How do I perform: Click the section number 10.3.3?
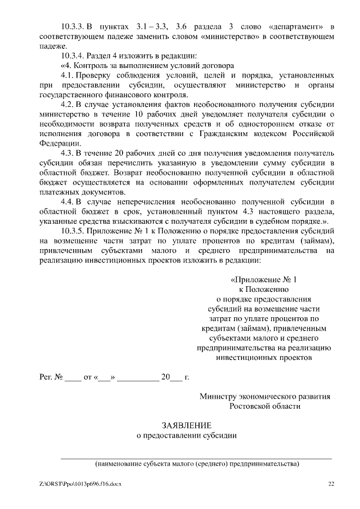pos(72,27)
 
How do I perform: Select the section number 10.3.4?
pos(72,55)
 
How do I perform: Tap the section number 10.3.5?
pos(72,231)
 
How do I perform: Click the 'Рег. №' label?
pos(49,377)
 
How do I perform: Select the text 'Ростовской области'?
pos(264,406)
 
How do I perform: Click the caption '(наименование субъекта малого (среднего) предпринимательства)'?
pos(196,464)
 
